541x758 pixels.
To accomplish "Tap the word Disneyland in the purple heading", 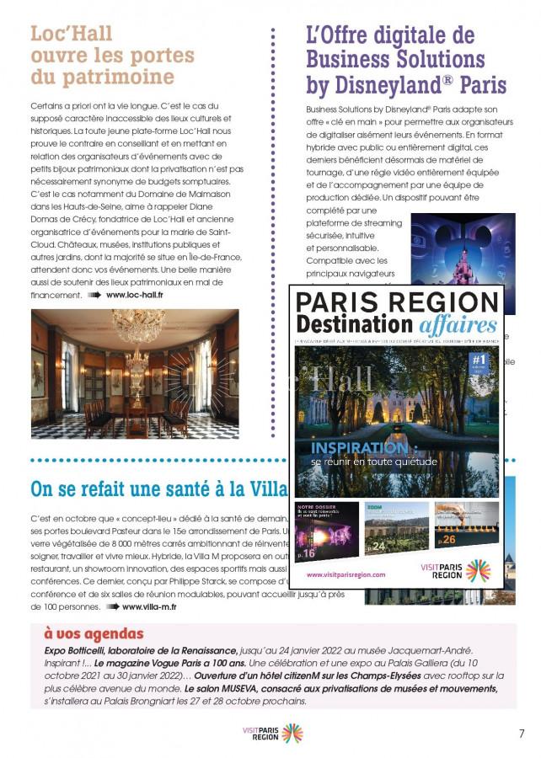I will click(x=399, y=85).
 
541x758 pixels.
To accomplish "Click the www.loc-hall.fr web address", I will click(x=135, y=296).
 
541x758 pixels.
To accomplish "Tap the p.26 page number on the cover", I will click(x=447, y=539).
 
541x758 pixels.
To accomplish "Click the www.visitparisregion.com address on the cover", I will click(x=346, y=574).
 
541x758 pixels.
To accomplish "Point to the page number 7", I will click(x=522, y=733).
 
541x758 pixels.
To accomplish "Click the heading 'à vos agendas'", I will click(x=94, y=634).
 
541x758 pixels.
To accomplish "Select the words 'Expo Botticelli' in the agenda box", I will click(x=81, y=651).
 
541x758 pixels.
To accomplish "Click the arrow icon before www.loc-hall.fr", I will click(x=94, y=296).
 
